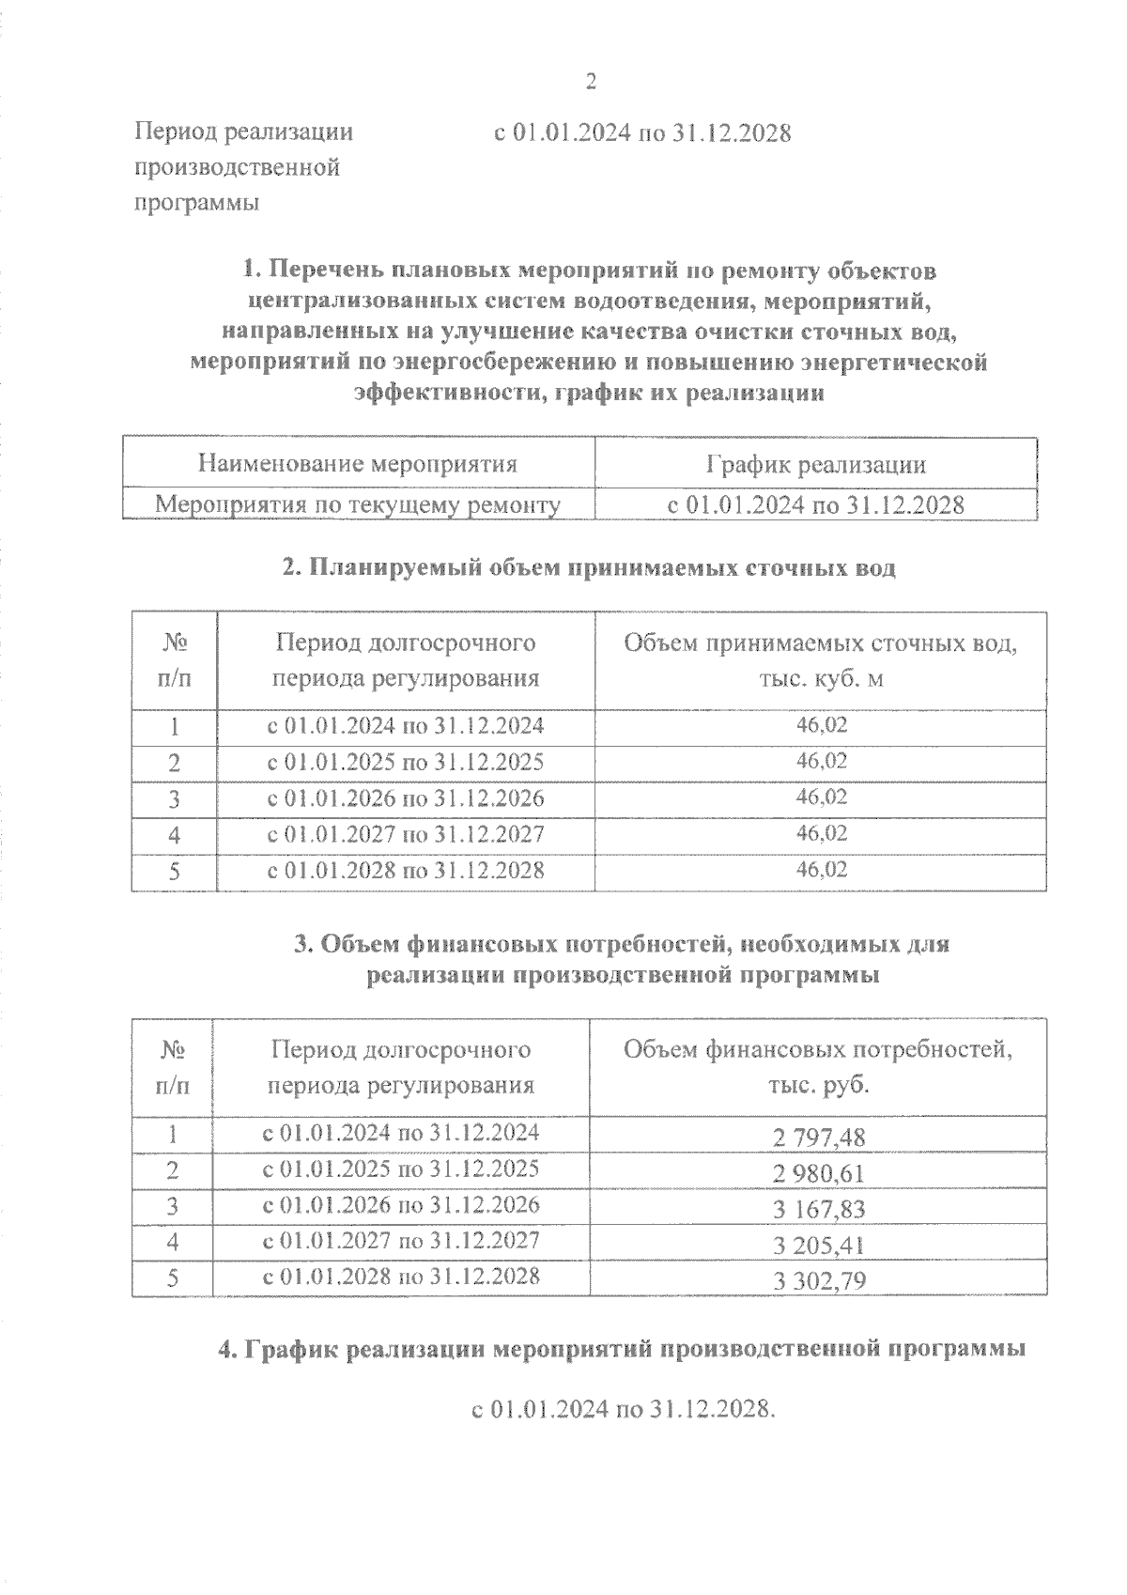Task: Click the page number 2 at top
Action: click(x=591, y=83)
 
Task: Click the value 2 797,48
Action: click(x=819, y=1138)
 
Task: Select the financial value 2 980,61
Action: click(x=819, y=1173)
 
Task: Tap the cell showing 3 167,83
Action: click(x=819, y=1209)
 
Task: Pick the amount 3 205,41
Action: click(x=819, y=1245)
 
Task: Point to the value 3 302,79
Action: click(x=819, y=1280)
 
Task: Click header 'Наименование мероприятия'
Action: click(x=358, y=464)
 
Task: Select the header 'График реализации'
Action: click(x=815, y=464)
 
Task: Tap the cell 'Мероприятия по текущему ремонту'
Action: click(x=358, y=505)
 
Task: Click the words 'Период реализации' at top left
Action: click(x=244, y=132)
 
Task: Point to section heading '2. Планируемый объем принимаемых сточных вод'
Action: click(x=589, y=567)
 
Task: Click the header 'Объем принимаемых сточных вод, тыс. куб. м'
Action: click(x=821, y=660)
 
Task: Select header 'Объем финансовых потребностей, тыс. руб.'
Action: click(x=818, y=1067)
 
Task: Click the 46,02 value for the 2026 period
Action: click(x=822, y=797)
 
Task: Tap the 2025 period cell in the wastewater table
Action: click(x=406, y=762)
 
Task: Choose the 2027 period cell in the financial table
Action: click(x=401, y=1240)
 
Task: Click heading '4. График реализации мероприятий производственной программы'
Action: click(x=621, y=1350)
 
